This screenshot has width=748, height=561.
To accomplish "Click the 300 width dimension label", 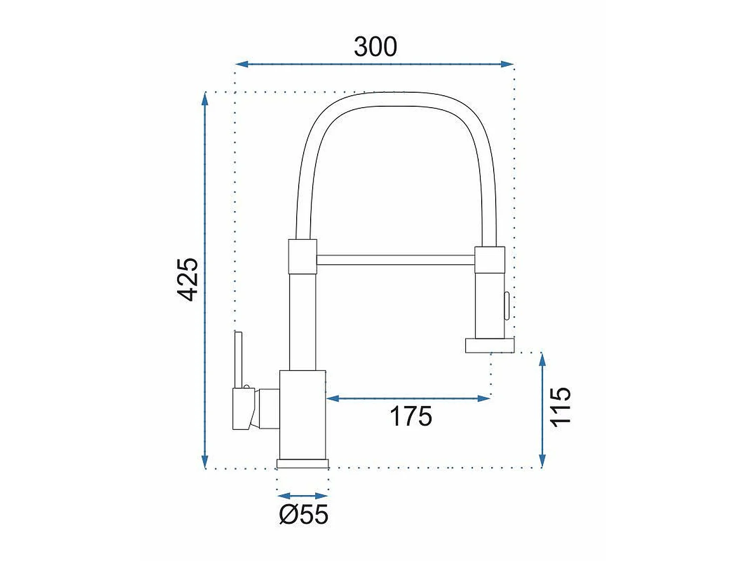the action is [x=375, y=47].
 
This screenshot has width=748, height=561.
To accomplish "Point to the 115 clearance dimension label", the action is [x=560, y=407].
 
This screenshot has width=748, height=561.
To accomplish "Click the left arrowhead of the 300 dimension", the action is [x=242, y=64].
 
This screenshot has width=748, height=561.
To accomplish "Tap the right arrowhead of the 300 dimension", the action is [x=507, y=64].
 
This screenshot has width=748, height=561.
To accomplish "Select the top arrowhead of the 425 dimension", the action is [x=205, y=99].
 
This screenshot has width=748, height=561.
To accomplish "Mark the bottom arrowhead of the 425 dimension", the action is [x=205, y=462].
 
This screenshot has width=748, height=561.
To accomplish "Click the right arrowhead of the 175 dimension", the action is [x=484, y=398].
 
